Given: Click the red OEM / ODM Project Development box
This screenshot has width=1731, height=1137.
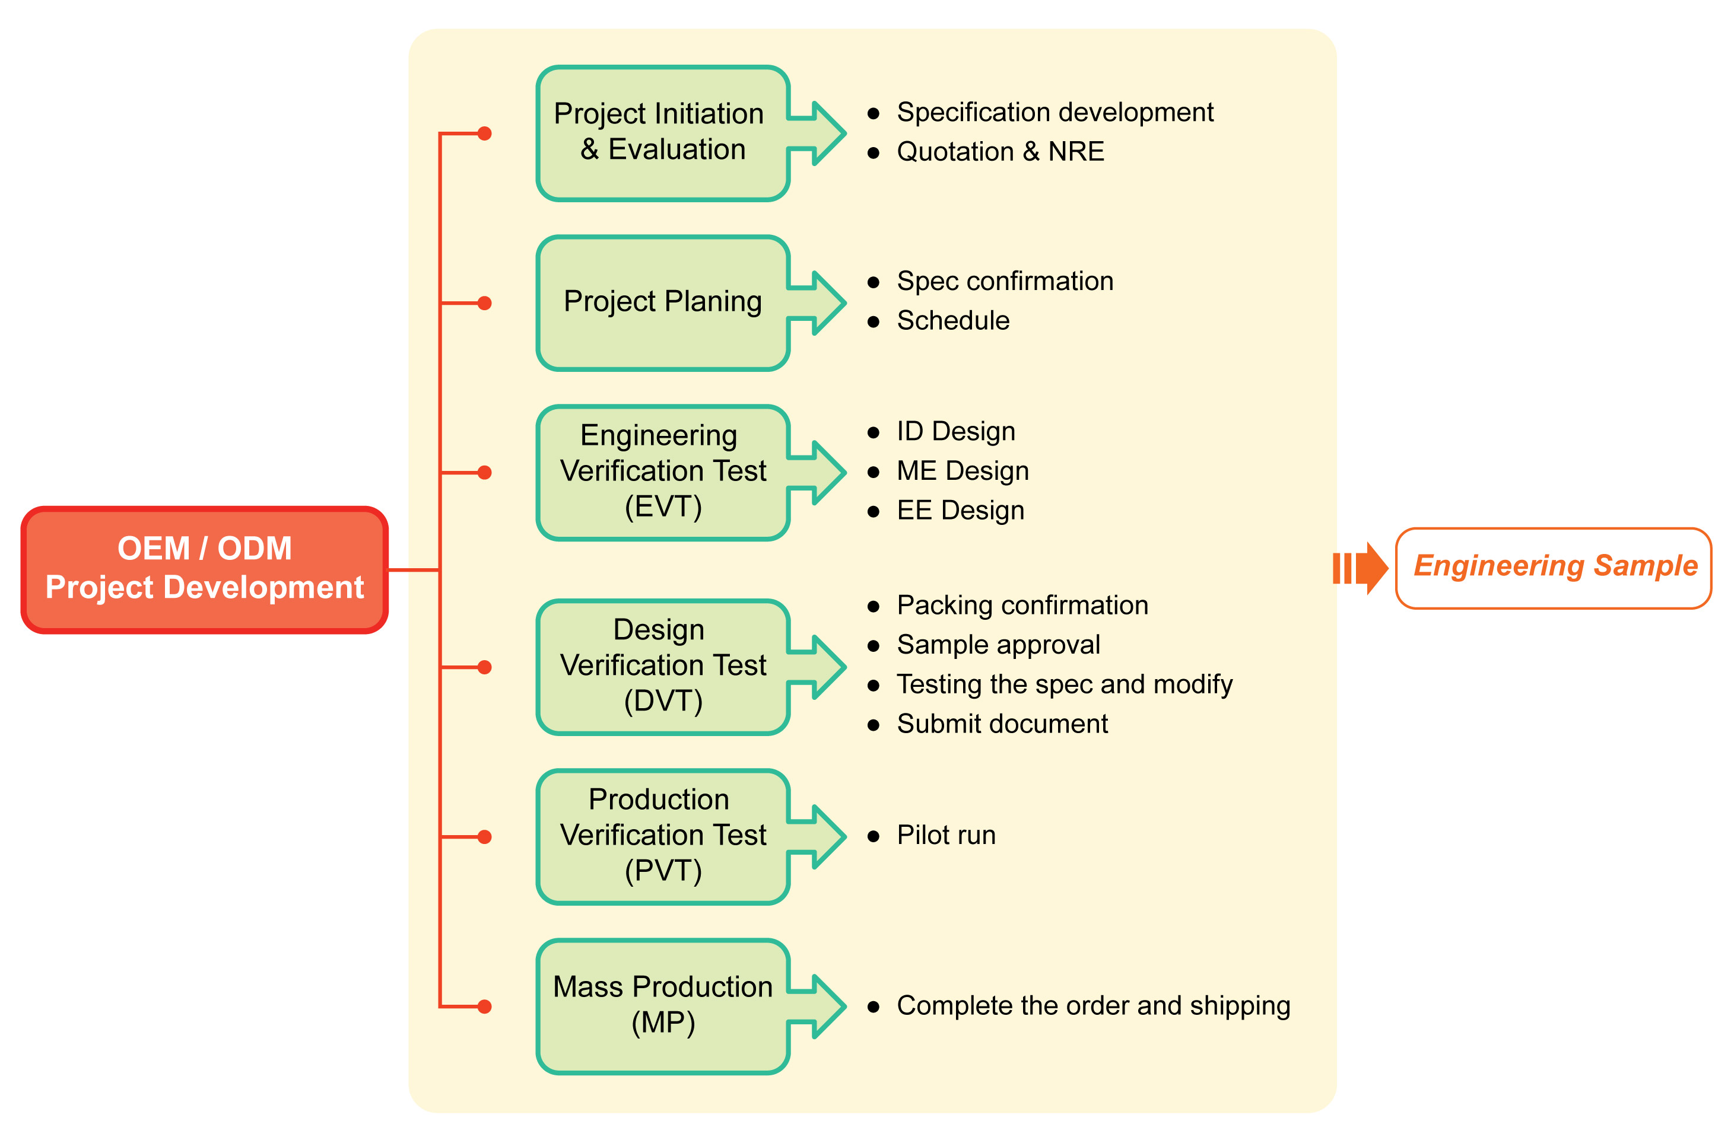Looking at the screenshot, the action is [x=204, y=570].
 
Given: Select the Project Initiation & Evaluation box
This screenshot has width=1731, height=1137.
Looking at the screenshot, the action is [x=663, y=133].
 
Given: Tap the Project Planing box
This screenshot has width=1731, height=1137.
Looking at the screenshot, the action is [x=663, y=303].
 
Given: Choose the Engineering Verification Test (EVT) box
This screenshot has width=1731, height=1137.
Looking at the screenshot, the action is [x=663, y=473].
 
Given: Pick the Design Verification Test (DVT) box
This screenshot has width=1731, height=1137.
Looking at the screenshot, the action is [x=663, y=667].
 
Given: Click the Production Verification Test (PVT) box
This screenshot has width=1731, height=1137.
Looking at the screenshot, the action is [x=663, y=837].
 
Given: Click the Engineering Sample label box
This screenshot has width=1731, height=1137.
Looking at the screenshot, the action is [x=1554, y=568].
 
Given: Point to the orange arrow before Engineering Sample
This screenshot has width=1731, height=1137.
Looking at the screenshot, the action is [x=1360, y=568].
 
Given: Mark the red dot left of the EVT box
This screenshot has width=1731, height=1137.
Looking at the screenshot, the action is [x=484, y=473].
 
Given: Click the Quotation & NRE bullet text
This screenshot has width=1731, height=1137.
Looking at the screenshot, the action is [x=1000, y=151].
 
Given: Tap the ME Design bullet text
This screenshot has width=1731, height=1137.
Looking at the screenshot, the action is [x=963, y=471].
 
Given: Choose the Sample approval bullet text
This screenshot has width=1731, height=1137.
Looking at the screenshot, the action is [x=999, y=645].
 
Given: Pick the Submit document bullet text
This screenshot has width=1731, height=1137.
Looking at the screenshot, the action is [x=1002, y=724].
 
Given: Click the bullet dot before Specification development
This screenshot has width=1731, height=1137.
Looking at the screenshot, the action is [x=874, y=113].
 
